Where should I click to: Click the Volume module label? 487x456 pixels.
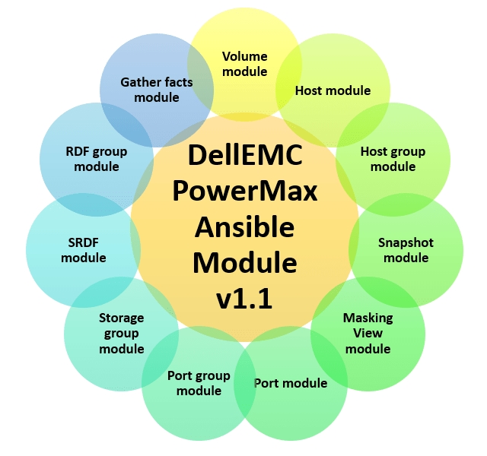point(244,64)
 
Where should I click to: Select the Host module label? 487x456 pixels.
point(333,90)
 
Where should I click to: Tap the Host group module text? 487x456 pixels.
point(393,159)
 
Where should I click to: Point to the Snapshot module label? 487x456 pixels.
point(406,250)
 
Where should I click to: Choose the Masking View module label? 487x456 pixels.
point(368,333)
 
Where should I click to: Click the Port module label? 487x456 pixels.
point(290,383)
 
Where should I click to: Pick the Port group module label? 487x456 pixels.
point(199,382)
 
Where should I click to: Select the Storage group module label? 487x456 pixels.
point(121,333)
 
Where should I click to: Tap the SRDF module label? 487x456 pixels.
point(83,250)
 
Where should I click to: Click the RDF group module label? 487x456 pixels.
point(97,159)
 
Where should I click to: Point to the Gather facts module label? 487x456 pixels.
point(156,90)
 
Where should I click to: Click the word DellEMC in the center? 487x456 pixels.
point(244,157)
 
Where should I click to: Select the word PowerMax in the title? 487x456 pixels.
point(244,191)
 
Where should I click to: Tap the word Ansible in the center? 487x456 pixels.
point(244,226)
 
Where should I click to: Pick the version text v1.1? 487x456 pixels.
point(244,297)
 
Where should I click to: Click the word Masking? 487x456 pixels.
point(368,318)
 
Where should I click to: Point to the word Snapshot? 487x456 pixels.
point(406,242)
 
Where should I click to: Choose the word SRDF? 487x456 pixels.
point(83,242)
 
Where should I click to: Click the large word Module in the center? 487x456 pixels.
point(244,262)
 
